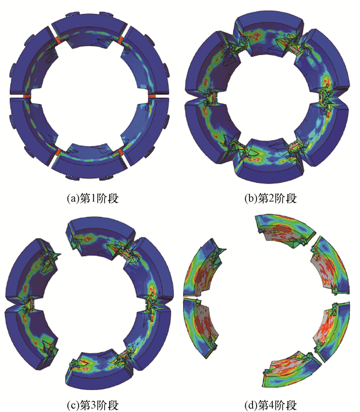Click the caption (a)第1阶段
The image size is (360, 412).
tap(93, 198)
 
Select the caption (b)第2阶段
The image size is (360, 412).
tap(271, 198)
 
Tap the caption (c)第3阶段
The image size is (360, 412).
tap(93, 405)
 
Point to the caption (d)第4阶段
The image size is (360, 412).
tap(271, 405)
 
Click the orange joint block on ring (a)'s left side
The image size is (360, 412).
tap(27, 97)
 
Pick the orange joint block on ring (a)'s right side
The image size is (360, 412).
tap(152, 97)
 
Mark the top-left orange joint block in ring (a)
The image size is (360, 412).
tap(58, 40)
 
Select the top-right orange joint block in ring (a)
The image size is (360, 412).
tap(121, 40)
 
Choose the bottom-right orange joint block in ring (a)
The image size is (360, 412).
tap(121, 153)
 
